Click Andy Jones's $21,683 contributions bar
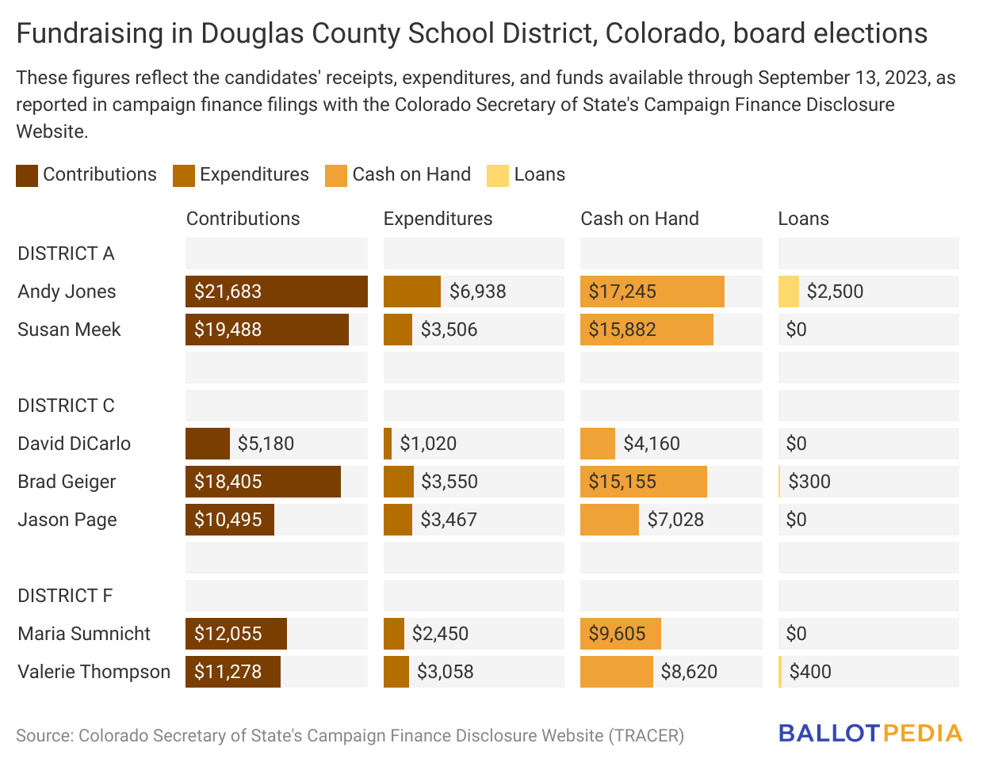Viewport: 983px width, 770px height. [276, 292]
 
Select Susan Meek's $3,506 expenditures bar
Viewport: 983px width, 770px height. [398, 330]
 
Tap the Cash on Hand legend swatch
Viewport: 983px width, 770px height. [336, 176]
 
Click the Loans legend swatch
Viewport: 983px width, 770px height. [498, 176]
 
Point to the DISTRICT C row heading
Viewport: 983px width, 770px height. [66, 406]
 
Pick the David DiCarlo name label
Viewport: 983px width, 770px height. [74, 444]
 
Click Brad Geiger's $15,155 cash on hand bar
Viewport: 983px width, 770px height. [643, 482]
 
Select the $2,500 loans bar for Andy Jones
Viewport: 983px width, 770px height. [789, 292]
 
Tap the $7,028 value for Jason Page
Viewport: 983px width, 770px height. [675, 520]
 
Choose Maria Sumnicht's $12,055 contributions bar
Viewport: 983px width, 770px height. [236, 634]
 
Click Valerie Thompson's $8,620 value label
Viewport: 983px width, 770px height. [689, 672]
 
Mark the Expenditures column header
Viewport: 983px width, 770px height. [438, 219]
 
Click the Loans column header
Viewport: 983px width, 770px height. [803, 219]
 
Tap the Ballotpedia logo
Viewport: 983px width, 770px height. [870, 733]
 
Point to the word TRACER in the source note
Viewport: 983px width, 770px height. [646, 736]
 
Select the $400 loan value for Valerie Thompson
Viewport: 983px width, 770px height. [810, 672]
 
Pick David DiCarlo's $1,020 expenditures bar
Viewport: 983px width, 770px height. [388, 444]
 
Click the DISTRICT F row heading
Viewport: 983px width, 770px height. [65, 596]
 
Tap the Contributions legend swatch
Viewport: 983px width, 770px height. [27, 176]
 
